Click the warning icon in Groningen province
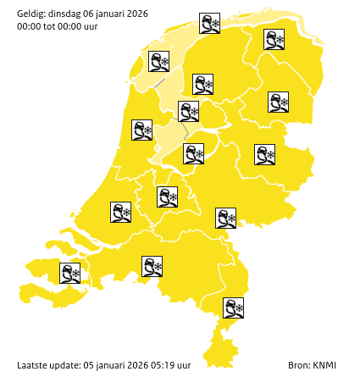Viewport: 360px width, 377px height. (274, 40)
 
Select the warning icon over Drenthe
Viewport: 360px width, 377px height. (279, 103)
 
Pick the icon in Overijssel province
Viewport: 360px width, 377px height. (265, 154)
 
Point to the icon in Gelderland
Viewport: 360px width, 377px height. (225, 218)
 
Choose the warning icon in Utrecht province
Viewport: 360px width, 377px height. (167, 197)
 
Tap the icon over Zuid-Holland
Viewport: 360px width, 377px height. (120, 212)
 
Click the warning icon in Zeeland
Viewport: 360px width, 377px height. (69, 273)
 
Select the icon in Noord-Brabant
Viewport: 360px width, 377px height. (152, 267)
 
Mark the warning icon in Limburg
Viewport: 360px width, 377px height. (233, 308)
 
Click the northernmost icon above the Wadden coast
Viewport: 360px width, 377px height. (209, 23)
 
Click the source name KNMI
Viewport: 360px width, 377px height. (324, 365)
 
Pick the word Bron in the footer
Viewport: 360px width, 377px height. (297, 365)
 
